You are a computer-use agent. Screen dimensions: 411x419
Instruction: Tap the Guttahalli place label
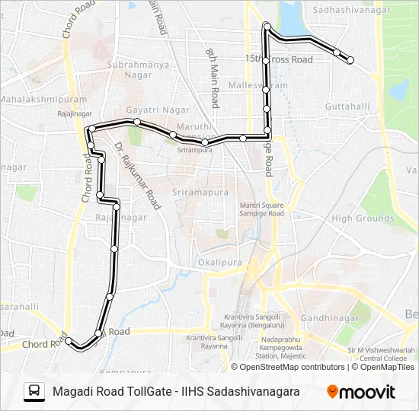(347, 107)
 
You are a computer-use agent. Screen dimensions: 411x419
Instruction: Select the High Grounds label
(363, 218)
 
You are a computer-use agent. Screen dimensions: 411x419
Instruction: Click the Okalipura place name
(219, 263)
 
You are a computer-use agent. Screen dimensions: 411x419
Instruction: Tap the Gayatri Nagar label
(158, 110)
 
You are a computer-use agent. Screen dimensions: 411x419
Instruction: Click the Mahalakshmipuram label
(33, 100)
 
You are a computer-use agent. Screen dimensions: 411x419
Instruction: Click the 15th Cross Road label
(279, 59)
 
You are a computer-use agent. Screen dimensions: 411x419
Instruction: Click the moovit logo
(361, 392)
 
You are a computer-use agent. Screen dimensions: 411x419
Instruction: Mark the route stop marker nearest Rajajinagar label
(90, 128)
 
